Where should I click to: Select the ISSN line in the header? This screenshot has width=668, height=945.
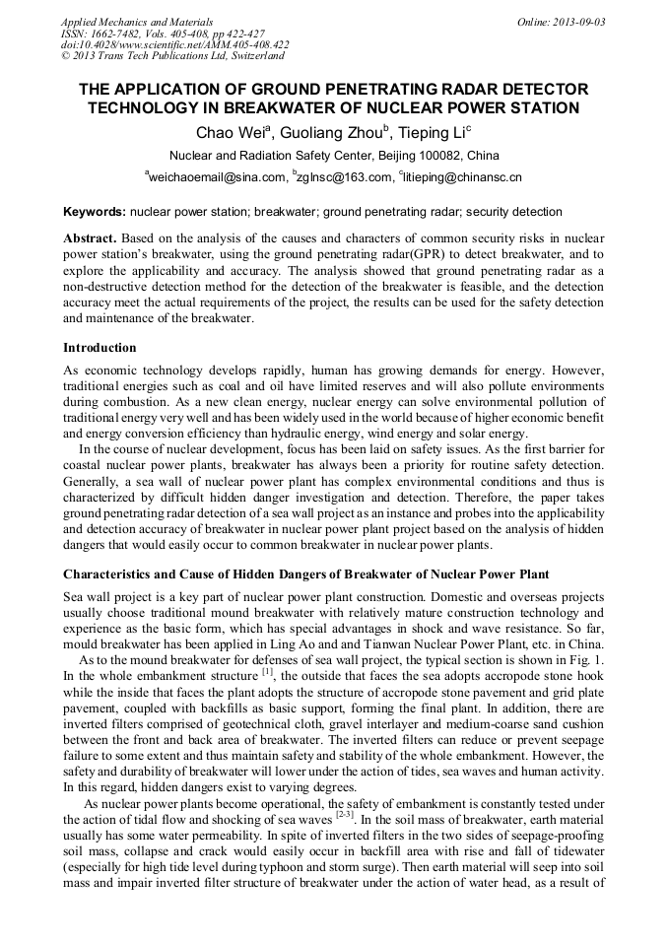163,34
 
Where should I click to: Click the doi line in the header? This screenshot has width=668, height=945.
174,44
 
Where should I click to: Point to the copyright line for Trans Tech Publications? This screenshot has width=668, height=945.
171,56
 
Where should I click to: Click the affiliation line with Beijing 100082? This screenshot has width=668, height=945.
334,156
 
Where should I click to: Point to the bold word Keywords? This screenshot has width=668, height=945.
95,212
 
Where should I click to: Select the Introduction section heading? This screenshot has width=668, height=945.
100,348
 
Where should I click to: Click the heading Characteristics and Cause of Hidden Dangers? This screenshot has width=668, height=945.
305,574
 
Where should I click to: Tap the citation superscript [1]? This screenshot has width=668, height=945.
267,672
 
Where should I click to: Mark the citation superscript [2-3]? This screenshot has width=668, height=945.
344,815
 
